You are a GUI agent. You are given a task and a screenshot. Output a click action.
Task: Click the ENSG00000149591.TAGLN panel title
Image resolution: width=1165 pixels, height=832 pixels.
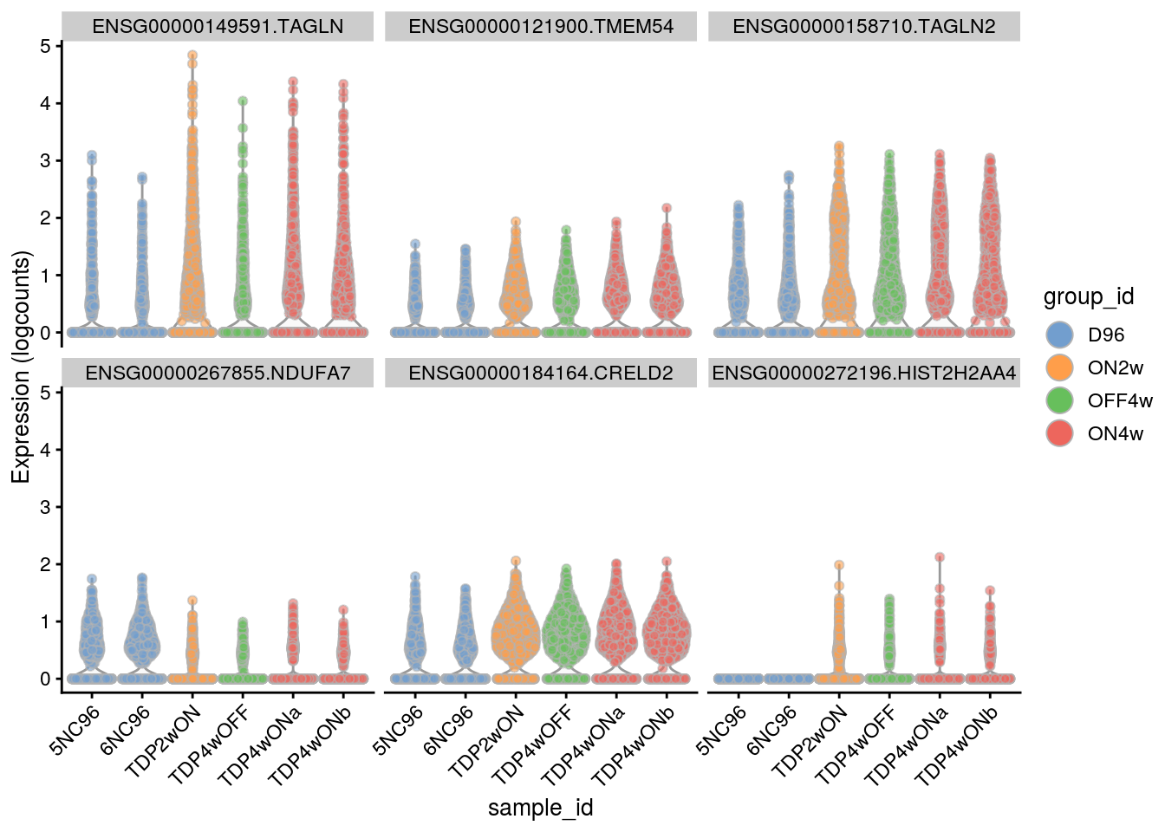pyautogui.click(x=218, y=27)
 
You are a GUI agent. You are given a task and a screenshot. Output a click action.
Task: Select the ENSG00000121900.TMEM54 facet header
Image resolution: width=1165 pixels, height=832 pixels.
pyautogui.click(x=541, y=27)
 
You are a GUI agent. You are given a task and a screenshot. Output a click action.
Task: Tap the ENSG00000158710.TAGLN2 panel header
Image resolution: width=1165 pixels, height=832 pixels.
pyautogui.click(x=864, y=27)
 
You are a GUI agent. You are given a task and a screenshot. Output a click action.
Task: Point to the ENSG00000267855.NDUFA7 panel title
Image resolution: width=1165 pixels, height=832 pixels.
pyautogui.click(x=218, y=374)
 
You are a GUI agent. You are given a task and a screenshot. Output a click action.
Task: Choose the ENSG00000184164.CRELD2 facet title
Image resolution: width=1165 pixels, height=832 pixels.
pyautogui.click(x=541, y=374)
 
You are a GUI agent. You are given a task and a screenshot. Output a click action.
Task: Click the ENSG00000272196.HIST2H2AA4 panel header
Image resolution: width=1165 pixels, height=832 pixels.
pyautogui.click(x=864, y=374)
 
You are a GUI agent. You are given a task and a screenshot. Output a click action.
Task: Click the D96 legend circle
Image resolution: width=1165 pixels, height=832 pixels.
pyautogui.click(x=1059, y=335)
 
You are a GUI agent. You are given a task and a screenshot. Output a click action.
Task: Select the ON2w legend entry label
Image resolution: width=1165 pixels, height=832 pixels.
pyautogui.click(x=1115, y=367)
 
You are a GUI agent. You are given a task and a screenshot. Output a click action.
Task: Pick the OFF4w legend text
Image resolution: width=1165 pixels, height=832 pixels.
pyautogui.click(x=1120, y=400)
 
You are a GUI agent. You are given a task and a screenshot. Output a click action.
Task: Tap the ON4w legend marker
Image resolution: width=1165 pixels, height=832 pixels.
pyautogui.click(x=1059, y=433)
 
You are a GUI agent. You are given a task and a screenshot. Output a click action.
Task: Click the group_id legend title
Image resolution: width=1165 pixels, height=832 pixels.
pyautogui.click(x=1089, y=297)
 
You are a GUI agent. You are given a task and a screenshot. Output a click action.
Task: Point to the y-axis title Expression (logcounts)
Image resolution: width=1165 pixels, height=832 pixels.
pyautogui.click(x=21, y=367)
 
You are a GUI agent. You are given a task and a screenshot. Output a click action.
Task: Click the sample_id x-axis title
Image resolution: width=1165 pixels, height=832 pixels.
pyautogui.click(x=540, y=808)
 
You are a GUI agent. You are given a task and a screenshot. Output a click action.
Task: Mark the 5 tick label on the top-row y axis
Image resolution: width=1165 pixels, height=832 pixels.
pyautogui.click(x=45, y=46)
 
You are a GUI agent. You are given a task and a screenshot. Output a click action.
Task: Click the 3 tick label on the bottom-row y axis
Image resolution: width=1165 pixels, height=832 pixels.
pyautogui.click(x=45, y=507)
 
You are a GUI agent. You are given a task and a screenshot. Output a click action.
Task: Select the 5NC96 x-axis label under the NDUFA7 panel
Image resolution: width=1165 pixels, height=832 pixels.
pyautogui.click(x=76, y=730)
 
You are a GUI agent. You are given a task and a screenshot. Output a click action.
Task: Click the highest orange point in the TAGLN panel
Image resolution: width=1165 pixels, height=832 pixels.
pyautogui.click(x=192, y=55)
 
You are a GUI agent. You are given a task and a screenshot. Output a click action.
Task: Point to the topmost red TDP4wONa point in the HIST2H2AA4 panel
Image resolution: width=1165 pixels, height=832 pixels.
pyautogui.click(x=940, y=558)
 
